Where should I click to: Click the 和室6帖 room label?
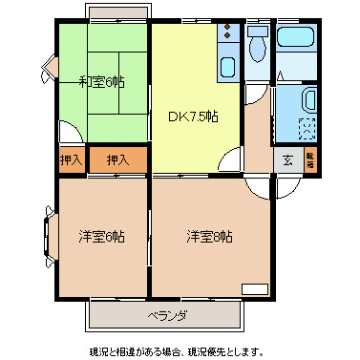pyautogui.click(x=101, y=83)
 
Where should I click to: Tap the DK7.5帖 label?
pyautogui.click(x=194, y=116)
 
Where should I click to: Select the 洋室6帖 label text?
pyautogui.click(x=101, y=237)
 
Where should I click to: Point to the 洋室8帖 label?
pyautogui.click(x=209, y=237)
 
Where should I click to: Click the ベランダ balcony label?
pyautogui.click(x=166, y=315)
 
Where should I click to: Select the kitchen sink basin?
pyautogui.click(x=227, y=67)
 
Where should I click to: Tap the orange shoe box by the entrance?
pyautogui.click(x=310, y=160)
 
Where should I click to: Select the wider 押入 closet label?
pyautogui.click(x=117, y=160)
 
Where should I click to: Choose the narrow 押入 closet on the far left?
pyautogui.click(x=71, y=160)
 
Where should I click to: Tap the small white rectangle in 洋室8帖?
pyautogui.click(x=255, y=288)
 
